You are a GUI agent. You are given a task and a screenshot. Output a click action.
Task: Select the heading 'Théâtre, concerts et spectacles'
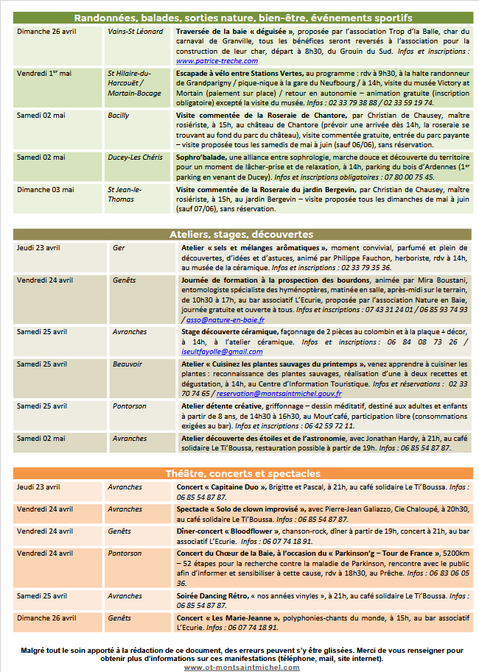pos(242,473)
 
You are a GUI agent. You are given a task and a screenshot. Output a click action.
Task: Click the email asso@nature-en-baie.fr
pos(225,320)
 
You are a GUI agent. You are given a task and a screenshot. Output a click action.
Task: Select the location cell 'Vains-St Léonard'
pos(136,32)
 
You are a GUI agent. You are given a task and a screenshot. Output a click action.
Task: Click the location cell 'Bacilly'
pos(119,116)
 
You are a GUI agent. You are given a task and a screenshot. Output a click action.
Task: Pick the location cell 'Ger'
pos(119,248)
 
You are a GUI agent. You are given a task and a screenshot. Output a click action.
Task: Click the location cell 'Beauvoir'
pos(127,364)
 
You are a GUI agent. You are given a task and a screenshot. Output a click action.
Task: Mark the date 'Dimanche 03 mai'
pos(46,189)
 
